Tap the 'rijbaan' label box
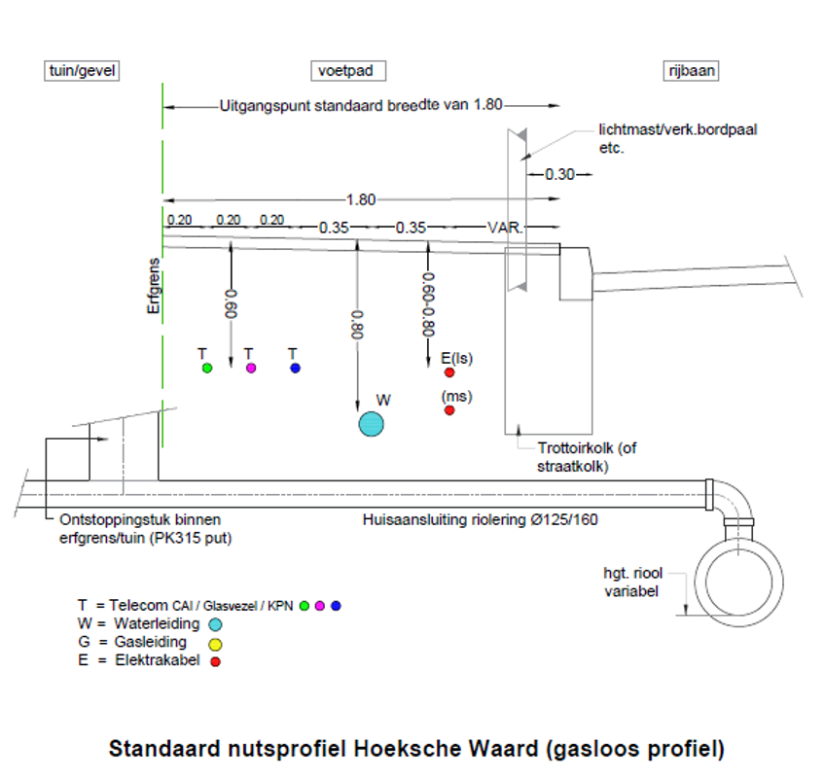tap(692, 71)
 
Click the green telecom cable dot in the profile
tap(206, 369)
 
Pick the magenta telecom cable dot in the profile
tap(251, 369)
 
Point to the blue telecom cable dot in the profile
tap(295, 369)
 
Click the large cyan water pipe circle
tap(371, 424)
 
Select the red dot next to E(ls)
tap(449, 372)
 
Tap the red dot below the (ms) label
tap(449, 410)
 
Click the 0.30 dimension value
tap(559, 175)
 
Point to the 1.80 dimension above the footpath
tap(361, 199)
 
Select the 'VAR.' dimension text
tap(505, 227)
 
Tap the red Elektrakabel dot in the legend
tap(215, 661)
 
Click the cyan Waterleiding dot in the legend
tap(215, 624)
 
